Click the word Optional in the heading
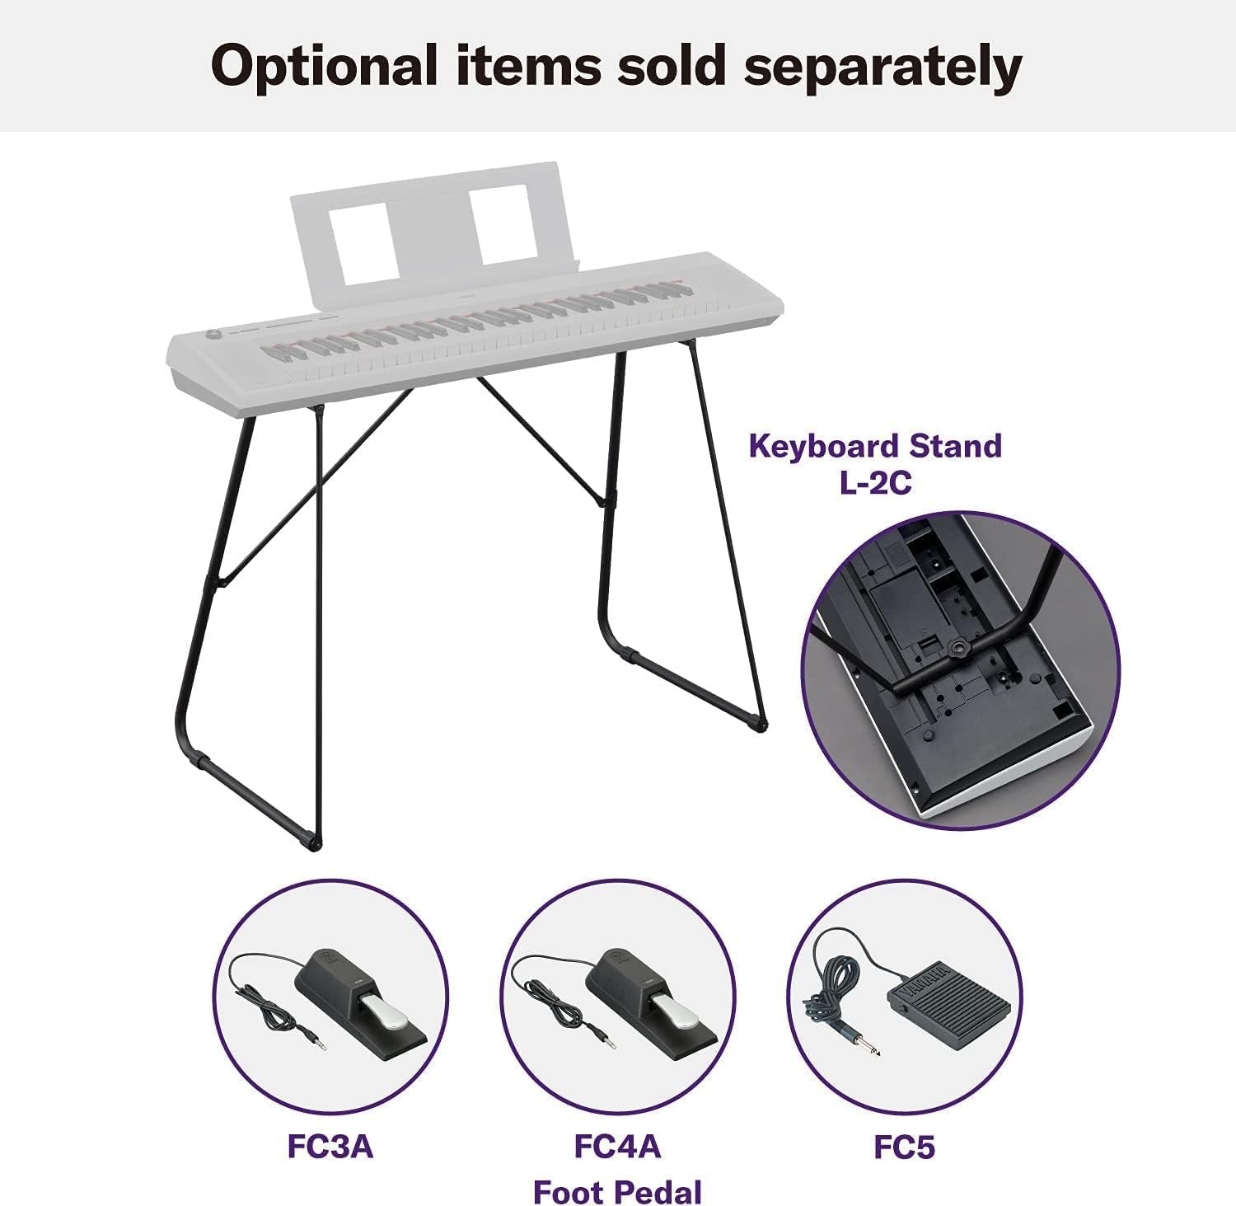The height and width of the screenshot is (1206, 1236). (325, 67)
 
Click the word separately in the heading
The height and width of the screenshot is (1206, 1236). (883, 67)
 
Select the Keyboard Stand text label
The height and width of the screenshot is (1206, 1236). (875, 446)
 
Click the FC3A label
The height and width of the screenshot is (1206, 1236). (330, 1147)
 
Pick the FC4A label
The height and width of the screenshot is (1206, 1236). (617, 1147)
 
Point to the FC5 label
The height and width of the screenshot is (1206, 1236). (905, 1147)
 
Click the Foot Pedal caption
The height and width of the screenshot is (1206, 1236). (617, 1192)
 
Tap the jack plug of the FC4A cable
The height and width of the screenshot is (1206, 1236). (601, 1042)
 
